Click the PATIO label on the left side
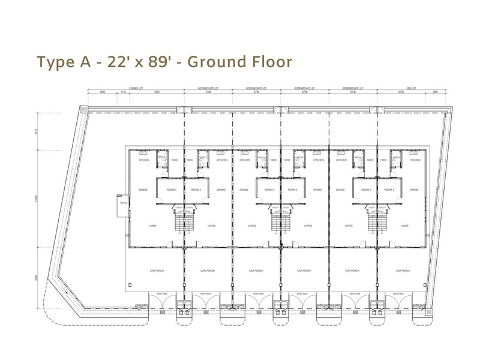123,203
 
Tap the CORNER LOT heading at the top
136,88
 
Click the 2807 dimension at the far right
436,92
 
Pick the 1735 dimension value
123,92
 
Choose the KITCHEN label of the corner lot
144,160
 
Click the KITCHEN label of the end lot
415,160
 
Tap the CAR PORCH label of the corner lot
157,271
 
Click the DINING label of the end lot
414,190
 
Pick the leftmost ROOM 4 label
172,190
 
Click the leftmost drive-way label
161,294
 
